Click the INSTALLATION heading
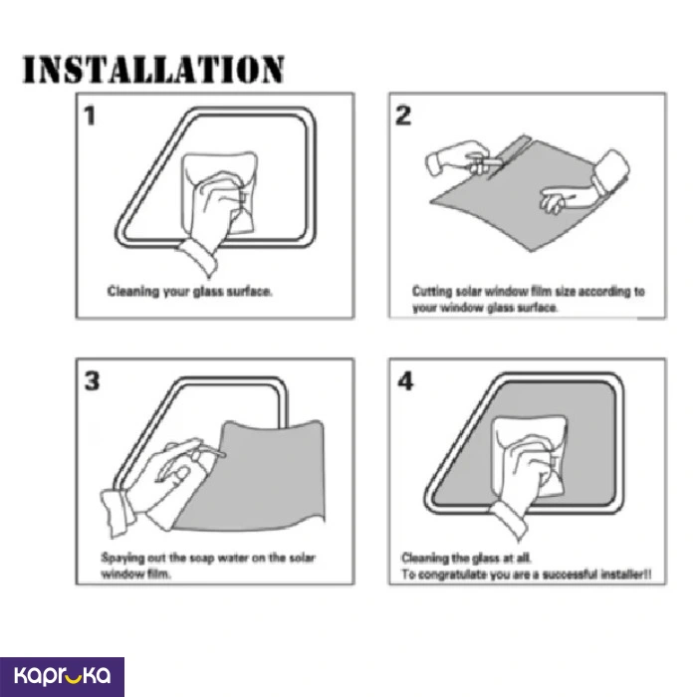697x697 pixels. (x=153, y=70)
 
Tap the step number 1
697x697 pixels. (x=90, y=116)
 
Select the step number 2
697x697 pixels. (x=403, y=116)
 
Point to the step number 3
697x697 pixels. (x=93, y=381)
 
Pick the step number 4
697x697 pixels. (x=405, y=381)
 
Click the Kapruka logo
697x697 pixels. (x=62, y=676)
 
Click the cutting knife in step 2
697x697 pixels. (x=485, y=163)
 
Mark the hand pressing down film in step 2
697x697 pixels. (x=578, y=187)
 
